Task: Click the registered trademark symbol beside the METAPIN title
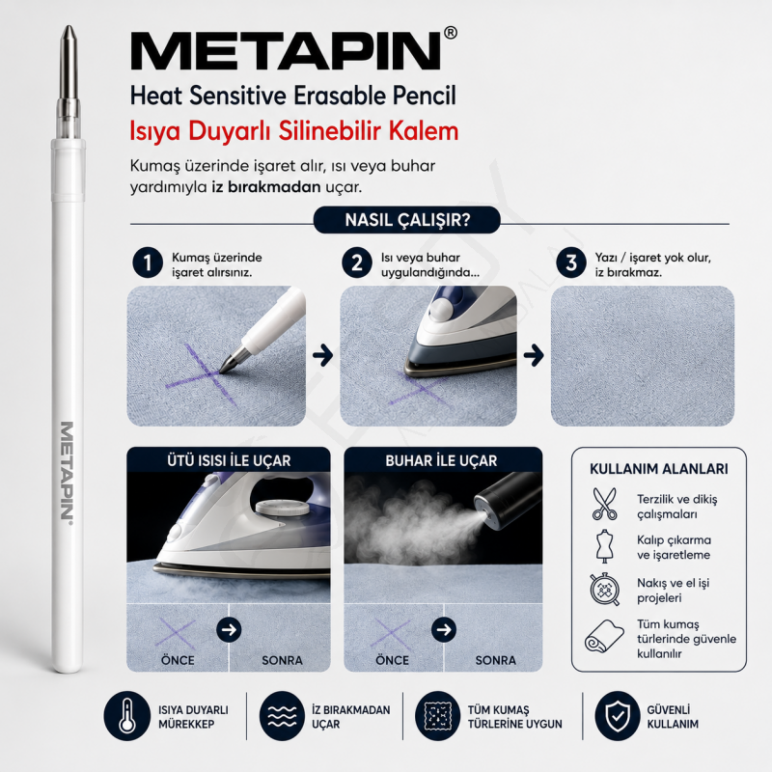coord(450,33)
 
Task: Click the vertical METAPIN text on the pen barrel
coord(67,470)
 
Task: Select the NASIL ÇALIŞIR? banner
coord(407,220)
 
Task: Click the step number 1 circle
coord(148,262)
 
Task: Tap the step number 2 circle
coord(357,262)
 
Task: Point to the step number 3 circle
coord(571,262)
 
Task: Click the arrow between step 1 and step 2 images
coord(323,355)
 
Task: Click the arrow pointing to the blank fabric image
coord(534,355)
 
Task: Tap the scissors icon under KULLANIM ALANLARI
coord(605,504)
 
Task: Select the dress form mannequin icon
coord(605,546)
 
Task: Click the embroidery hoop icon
coord(604,590)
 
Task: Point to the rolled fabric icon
coord(604,636)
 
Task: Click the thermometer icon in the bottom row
coord(127,716)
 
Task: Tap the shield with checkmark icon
coord(618,716)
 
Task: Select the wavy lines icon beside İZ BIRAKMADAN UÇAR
coord(282,716)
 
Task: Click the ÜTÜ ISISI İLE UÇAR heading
coord(229,461)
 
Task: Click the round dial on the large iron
coord(279,508)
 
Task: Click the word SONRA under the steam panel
coord(495,660)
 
